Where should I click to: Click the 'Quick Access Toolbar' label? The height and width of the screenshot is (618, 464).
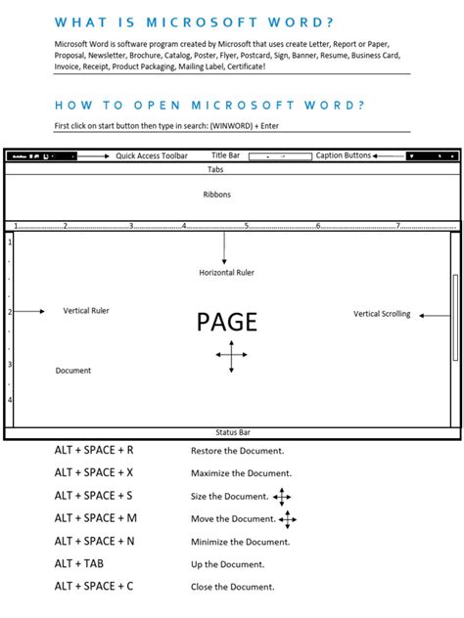click(x=152, y=155)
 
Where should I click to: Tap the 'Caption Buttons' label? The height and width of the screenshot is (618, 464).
click(x=343, y=155)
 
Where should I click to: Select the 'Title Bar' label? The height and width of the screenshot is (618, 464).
click(x=225, y=155)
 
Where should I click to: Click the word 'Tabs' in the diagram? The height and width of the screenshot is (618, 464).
click(x=215, y=169)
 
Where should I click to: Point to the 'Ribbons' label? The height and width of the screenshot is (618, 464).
click(x=217, y=195)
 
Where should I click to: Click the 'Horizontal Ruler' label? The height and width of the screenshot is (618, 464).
click(x=226, y=273)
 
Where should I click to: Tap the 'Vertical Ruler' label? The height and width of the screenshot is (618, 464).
click(x=86, y=311)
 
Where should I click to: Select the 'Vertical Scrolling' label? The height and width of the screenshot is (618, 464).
click(x=382, y=314)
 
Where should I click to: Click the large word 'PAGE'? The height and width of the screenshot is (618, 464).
click(x=227, y=322)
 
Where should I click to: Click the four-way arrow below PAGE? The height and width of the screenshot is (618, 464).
click(x=231, y=359)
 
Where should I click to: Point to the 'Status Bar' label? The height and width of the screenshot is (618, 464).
click(x=232, y=431)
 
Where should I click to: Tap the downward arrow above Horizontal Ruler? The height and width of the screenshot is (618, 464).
click(x=224, y=249)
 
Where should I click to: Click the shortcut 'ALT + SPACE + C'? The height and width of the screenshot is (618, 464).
click(x=94, y=587)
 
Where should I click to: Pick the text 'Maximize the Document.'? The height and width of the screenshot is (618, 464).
click(x=241, y=474)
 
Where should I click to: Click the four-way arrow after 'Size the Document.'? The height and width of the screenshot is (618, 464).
click(x=283, y=497)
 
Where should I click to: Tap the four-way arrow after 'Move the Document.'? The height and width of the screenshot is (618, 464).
click(x=287, y=519)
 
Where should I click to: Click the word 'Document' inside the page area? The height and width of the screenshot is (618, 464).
click(x=73, y=371)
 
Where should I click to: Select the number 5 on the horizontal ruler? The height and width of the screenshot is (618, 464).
click(x=247, y=226)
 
